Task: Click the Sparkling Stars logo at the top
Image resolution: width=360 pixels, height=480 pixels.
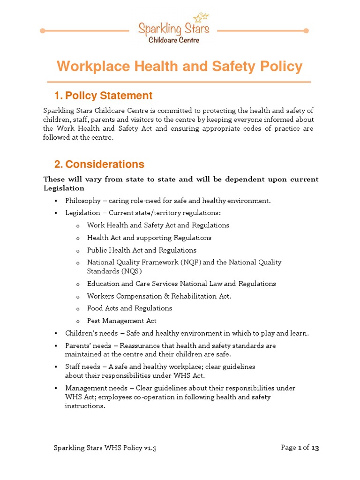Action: pyautogui.click(x=173, y=31)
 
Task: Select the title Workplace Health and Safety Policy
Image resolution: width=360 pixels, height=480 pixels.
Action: pyautogui.click(x=180, y=67)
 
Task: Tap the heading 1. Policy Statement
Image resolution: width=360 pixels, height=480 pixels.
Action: pyautogui.click(x=103, y=96)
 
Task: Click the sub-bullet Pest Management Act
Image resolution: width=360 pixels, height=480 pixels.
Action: pyautogui.click(x=121, y=321)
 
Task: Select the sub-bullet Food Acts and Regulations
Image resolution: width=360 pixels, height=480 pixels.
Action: pyautogui.click(x=129, y=308)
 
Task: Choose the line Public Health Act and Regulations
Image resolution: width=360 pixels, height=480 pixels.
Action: pyautogui.click(x=142, y=250)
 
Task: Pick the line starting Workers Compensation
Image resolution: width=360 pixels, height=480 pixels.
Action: pyautogui.click(x=159, y=296)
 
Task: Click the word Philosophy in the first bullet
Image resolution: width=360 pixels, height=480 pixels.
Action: pyautogui.click(x=83, y=201)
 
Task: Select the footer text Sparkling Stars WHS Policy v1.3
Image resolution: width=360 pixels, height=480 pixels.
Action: pyautogui.click(x=105, y=448)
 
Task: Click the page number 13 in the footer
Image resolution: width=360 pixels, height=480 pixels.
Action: pyautogui.click(x=315, y=448)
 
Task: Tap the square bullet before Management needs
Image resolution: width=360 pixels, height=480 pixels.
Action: pyautogui.click(x=55, y=389)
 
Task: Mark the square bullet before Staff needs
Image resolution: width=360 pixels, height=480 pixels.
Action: pyautogui.click(x=55, y=367)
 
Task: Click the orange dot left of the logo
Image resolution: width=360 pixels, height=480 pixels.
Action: pyautogui.click(x=43, y=31)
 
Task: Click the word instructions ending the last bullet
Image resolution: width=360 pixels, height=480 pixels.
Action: pyautogui.click(x=84, y=406)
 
